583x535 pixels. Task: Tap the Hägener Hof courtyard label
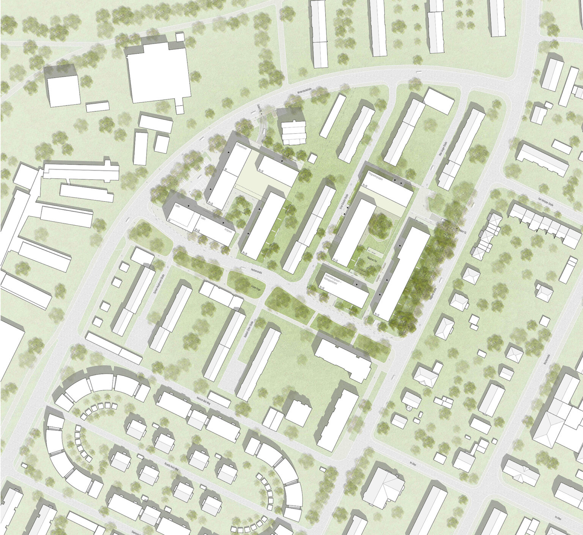372,258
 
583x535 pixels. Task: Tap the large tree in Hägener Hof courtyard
380,226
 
